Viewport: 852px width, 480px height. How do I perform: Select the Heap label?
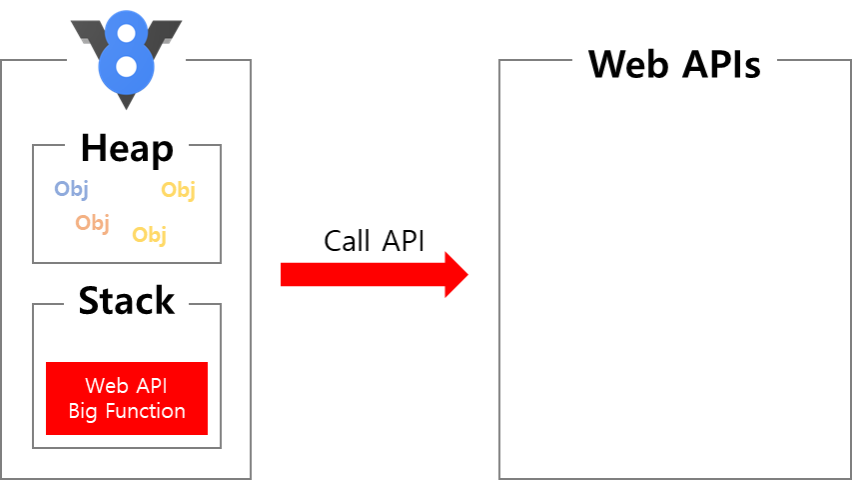click(127, 148)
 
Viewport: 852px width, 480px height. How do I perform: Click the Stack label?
click(127, 300)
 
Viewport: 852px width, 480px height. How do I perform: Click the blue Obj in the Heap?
click(71, 188)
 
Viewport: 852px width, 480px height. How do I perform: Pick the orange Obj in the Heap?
click(92, 222)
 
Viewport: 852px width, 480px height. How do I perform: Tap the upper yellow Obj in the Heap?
click(178, 189)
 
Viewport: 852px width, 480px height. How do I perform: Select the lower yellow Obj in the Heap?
click(149, 234)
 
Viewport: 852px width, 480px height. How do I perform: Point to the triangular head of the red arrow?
click(455, 274)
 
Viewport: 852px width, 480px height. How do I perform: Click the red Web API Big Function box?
click(127, 398)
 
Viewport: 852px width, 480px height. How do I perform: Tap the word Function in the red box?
click(145, 411)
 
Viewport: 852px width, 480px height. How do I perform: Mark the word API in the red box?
click(151, 386)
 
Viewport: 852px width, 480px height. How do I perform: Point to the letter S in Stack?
click(89, 300)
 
